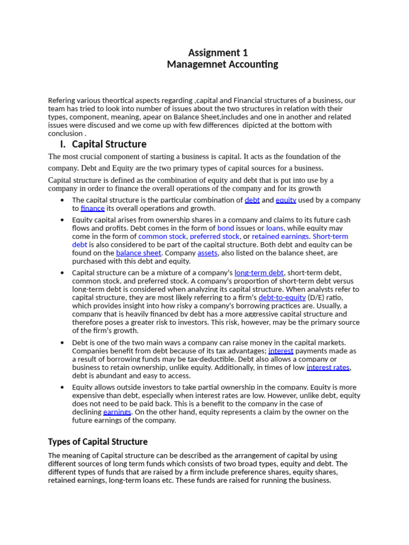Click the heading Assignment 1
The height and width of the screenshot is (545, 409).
tap(218, 53)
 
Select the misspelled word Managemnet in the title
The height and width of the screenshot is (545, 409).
tap(192, 64)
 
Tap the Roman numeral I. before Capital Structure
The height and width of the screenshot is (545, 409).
tap(63, 144)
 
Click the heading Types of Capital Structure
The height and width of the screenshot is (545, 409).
tap(97, 442)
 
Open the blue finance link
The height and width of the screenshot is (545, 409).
tap(93, 209)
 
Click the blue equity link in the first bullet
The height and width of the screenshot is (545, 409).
tap(285, 200)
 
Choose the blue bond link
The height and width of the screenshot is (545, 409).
tap(226, 228)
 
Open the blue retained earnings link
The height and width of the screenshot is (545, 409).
tap(280, 236)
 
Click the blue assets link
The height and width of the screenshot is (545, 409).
tap(207, 253)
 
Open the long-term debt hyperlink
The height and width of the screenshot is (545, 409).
tap(259, 272)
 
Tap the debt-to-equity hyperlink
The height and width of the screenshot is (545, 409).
tap(282, 298)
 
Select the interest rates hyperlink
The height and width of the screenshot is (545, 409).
tap(328, 367)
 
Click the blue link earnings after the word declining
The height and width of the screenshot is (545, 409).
tap(117, 412)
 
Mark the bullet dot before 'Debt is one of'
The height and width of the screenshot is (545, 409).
tap(63, 343)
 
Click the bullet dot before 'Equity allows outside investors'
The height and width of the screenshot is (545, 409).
tap(63, 387)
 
